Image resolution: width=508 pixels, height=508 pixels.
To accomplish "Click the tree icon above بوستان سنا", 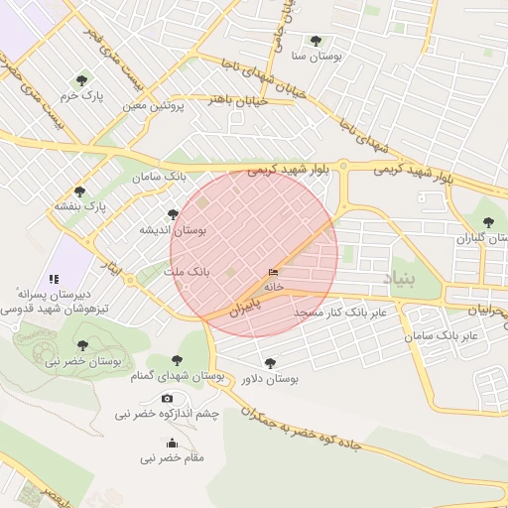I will [x=316, y=41].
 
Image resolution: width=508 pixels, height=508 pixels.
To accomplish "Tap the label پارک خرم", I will [x=80, y=96].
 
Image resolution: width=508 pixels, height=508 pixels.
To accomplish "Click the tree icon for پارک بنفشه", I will [x=79, y=190].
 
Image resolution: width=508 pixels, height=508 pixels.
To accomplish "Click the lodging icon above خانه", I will [x=273, y=272].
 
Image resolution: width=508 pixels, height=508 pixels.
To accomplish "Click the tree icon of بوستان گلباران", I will [x=486, y=222].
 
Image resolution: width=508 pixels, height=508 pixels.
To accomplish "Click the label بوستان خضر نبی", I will [x=82, y=362].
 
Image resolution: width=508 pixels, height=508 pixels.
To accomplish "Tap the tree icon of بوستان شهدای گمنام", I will [x=177, y=360].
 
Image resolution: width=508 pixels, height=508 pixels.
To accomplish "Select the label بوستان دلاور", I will [x=269, y=379].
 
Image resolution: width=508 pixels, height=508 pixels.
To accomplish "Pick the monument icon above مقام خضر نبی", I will [x=172, y=444].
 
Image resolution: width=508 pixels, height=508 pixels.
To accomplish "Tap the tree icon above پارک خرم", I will [x=81, y=80].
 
